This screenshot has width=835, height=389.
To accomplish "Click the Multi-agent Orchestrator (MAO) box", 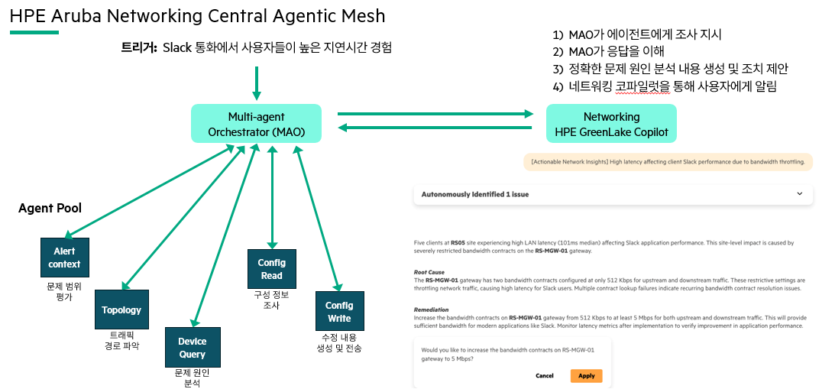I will tap(256, 124).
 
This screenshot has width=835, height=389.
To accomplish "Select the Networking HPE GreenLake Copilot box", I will tap(611, 124).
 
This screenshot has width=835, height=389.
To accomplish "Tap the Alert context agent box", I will tap(64, 258).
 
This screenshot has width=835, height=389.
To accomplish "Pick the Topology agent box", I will tap(121, 310).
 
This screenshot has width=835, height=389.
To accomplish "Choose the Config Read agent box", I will tap(271, 269).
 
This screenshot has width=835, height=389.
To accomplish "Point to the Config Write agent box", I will tap(339, 311).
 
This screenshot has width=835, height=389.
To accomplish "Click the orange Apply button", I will tap(586, 375).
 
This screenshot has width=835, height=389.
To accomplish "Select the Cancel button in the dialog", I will tap(544, 375).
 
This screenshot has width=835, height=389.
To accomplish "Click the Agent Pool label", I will tap(50, 208).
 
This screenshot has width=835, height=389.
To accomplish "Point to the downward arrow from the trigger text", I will tap(256, 83).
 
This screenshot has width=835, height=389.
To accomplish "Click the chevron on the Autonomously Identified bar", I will tap(799, 194).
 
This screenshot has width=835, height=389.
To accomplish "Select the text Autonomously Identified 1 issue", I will tap(474, 194).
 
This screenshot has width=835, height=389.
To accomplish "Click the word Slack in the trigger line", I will tap(178, 48).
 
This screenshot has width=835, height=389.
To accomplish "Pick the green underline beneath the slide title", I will tap(34, 32).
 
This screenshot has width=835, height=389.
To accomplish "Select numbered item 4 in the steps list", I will tap(664, 86).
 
